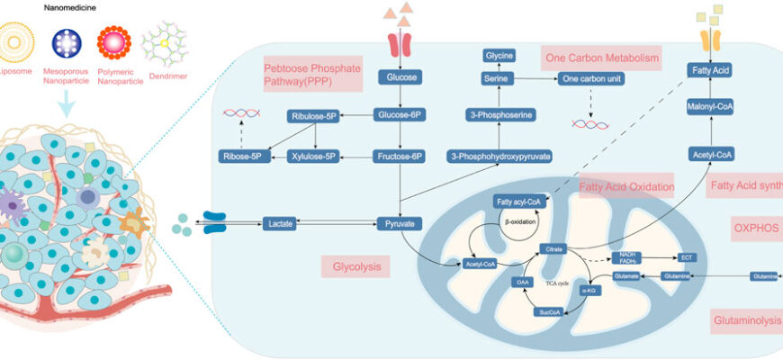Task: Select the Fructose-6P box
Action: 398,157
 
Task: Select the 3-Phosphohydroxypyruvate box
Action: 499,157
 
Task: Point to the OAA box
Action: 523,281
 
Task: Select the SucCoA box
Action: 550,312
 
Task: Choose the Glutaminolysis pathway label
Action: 746,320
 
